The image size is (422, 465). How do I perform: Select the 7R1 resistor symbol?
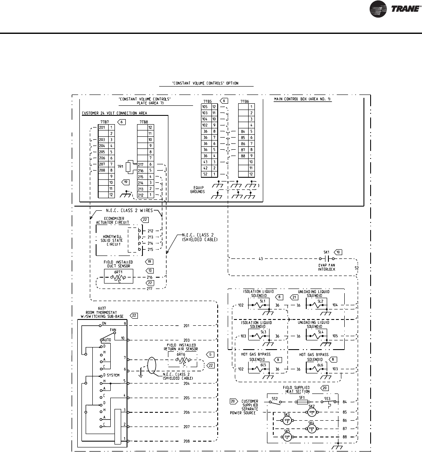pyautogui.click(x=131, y=167)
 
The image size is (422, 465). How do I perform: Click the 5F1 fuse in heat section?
pyautogui.click(x=303, y=402)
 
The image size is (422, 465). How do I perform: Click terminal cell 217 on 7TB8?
pyautogui.click(x=142, y=164)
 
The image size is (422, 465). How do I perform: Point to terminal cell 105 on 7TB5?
pyautogui.click(x=205, y=107)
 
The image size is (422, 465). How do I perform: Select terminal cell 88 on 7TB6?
pyautogui.click(x=243, y=156)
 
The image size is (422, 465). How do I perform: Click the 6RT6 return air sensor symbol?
pyautogui.click(x=180, y=359)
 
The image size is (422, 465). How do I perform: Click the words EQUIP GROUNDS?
pyautogui.click(x=197, y=189)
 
